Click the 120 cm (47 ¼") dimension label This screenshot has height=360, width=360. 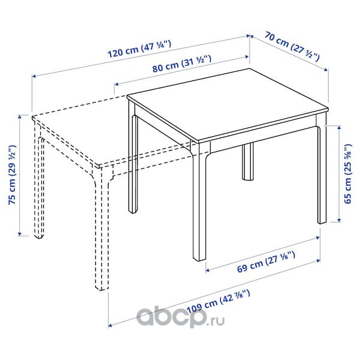pos(139,49)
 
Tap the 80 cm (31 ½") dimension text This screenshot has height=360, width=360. pos(182,64)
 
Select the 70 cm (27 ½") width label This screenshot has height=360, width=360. pos(292,46)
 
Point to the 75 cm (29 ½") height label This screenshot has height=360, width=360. pos(12,175)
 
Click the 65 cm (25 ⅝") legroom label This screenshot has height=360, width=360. pos(347,174)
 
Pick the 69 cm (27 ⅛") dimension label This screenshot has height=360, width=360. pos(266,262)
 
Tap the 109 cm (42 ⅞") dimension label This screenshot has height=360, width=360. pos(218,301)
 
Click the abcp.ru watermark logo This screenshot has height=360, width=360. pos(181,317)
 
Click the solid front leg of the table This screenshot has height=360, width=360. pos(199,202)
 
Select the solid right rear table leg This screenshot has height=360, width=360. pos(322,170)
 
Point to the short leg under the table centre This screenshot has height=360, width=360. pos(248,161)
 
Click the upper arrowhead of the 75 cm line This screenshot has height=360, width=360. pos(20,117)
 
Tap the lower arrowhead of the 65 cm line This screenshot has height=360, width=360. pos(338,220)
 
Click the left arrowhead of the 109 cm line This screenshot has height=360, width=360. pos(110,325)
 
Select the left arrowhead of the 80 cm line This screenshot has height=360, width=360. pos(116,84)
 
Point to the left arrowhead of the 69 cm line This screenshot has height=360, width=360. pos(208,271)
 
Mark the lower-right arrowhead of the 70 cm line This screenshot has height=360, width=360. pos(326,70)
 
